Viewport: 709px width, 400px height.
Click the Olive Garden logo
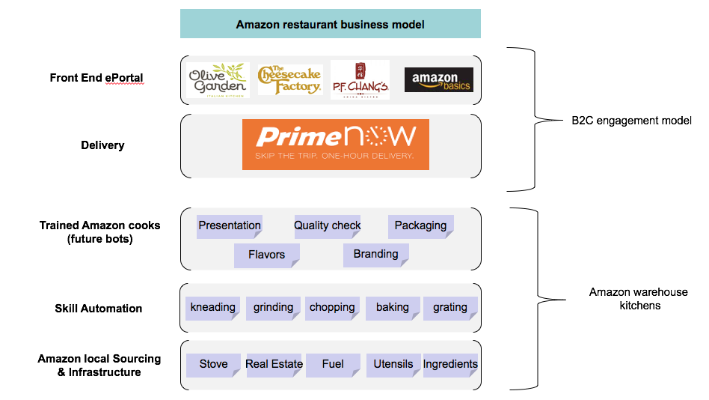tap(218, 80)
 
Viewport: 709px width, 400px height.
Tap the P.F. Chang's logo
tap(360, 80)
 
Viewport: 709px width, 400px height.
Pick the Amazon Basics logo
tap(438, 80)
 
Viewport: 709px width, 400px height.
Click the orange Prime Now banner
tap(335, 145)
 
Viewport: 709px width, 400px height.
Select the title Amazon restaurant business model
tap(331, 24)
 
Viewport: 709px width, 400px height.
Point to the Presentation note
tap(230, 226)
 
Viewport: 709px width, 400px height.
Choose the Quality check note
tap(328, 226)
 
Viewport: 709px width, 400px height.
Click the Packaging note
tap(420, 226)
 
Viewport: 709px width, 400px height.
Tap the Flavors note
tap(267, 255)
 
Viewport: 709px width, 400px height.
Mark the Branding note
tap(375, 255)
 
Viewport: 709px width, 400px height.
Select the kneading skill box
tap(213, 308)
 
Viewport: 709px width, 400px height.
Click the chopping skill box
tap(332, 308)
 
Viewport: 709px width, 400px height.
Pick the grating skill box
tap(450, 308)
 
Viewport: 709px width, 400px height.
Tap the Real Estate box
tap(274, 365)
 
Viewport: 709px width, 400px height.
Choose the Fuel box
tap(333, 365)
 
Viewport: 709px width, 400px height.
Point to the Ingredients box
tap(450, 365)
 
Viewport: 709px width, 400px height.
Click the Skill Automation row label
tap(98, 309)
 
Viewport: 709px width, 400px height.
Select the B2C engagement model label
tap(627, 121)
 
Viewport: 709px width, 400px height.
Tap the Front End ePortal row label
tap(96, 78)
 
